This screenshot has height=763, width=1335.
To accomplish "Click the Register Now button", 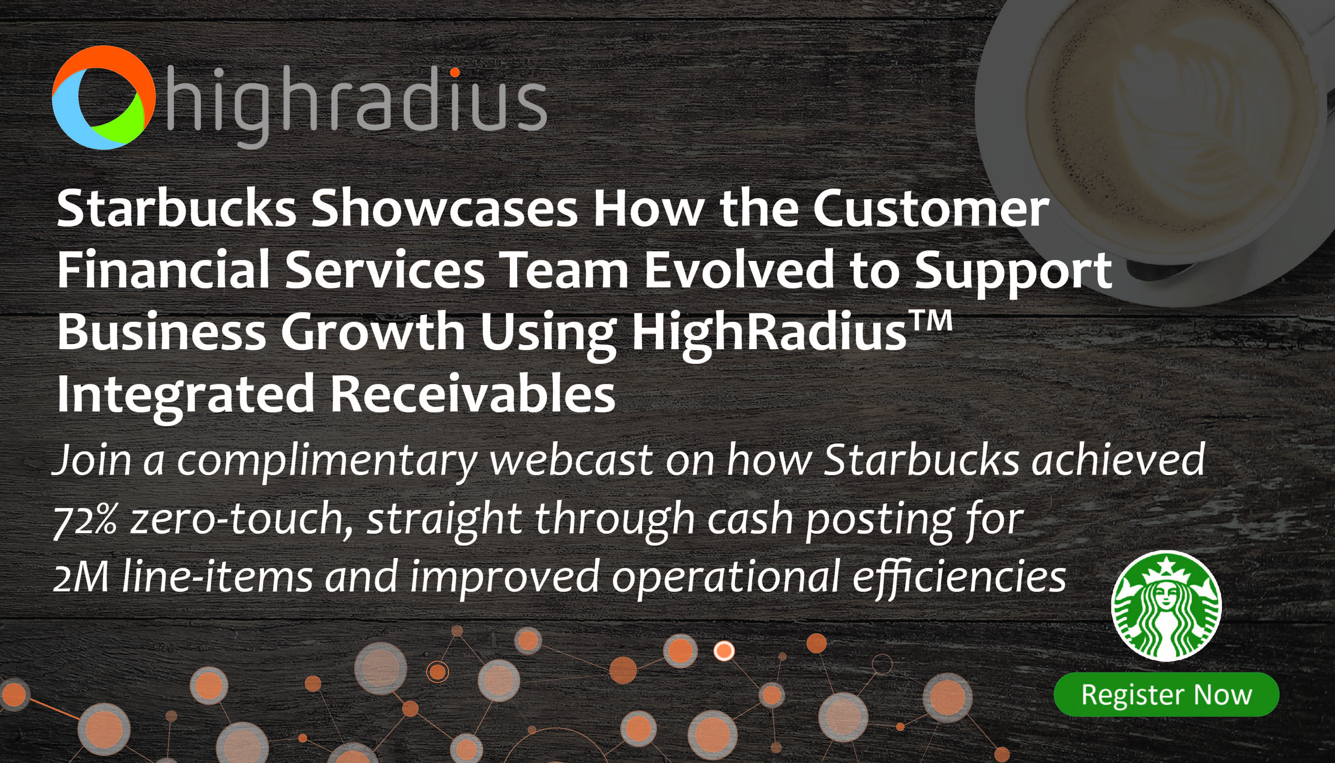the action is tap(1166, 695).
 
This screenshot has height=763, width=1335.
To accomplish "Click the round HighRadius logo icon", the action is tap(104, 97).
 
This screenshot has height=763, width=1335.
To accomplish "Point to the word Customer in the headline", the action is tap(931, 209).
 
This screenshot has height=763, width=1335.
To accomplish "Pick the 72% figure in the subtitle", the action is tap(85, 519).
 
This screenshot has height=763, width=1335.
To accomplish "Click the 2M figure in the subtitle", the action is tap(81, 576).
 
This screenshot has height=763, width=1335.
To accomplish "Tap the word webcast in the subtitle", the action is tap(571, 460).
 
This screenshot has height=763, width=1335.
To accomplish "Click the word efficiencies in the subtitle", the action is tap(959, 576).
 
